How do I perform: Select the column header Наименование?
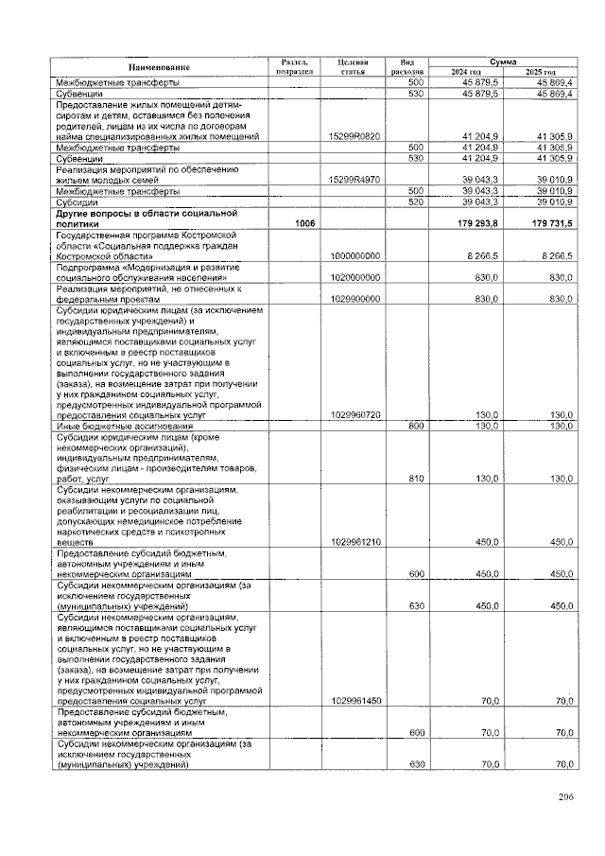[x=160, y=66]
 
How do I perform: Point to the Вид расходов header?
[x=408, y=66]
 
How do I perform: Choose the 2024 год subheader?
[x=466, y=72]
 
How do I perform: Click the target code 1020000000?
[x=354, y=277]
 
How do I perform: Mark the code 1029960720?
[x=354, y=415]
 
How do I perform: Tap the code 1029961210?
[x=354, y=542]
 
